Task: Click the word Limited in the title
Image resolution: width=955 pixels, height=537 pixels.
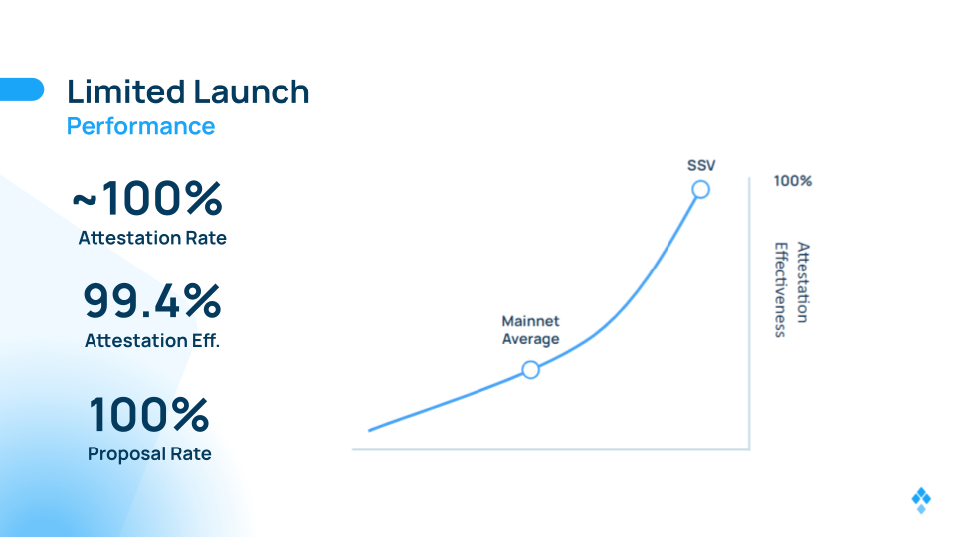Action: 126,91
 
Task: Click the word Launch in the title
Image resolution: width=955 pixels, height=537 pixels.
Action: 252,91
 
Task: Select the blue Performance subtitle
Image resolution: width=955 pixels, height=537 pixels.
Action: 140,126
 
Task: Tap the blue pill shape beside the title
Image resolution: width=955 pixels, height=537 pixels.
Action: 22,89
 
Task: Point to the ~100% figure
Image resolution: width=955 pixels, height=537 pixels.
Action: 147,198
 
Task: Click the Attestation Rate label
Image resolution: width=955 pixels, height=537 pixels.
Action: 152,238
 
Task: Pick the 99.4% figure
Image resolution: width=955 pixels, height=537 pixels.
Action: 151,300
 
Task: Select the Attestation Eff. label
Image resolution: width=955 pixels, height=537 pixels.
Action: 152,340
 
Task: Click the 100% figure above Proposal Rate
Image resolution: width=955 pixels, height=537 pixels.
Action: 149,414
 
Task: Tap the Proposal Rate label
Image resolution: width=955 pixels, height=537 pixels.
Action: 149,454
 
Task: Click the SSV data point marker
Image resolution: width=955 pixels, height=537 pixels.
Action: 701,189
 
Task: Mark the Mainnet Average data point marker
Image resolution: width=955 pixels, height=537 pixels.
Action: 530,370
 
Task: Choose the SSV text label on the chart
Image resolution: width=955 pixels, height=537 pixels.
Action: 701,166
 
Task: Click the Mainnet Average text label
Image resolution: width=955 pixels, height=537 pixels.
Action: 530,330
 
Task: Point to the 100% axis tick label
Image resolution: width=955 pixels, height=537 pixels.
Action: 793,181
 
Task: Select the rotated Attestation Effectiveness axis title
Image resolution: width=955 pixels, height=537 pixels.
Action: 792,289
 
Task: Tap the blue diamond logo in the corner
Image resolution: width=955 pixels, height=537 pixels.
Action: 921,500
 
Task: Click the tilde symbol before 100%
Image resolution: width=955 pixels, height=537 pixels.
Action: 85,200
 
